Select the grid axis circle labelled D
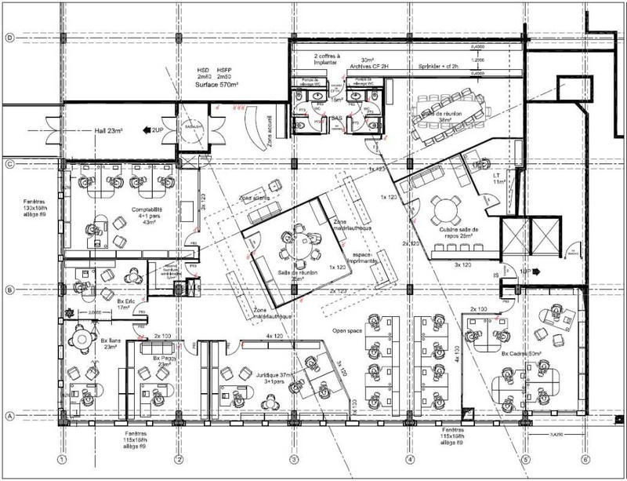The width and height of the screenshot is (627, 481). pos(10,38)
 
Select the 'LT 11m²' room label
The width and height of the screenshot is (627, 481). pos(496,178)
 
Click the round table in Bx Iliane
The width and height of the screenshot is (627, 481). pos(82,339)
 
